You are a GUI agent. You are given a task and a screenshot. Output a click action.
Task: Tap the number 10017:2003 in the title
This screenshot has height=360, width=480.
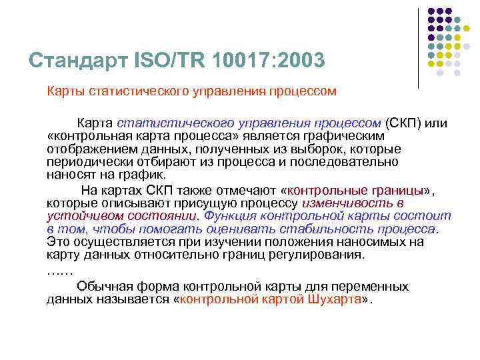click(x=271, y=61)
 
